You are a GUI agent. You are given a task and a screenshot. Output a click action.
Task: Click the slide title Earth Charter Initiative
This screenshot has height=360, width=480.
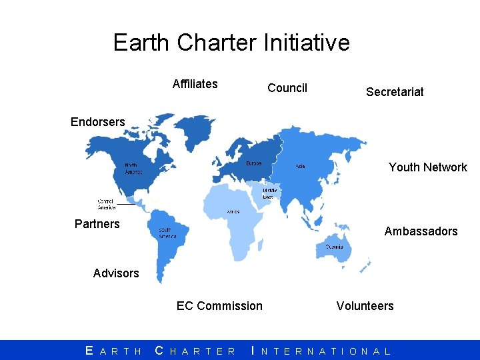pyautogui.click(x=231, y=43)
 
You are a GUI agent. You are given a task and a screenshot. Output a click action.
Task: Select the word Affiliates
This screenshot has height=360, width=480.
pyautogui.click(x=195, y=84)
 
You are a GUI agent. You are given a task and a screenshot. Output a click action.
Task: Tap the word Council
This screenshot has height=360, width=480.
pyautogui.click(x=287, y=88)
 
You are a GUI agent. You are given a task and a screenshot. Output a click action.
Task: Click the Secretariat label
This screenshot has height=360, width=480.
pyautogui.click(x=395, y=92)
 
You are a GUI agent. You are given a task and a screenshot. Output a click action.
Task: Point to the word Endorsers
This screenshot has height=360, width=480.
pyautogui.click(x=98, y=122)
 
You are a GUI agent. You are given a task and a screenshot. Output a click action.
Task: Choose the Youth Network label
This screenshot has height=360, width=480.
pyautogui.click(x=428, y=167)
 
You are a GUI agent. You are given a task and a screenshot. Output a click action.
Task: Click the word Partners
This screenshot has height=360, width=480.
pyautogui.click(x=97, y=224)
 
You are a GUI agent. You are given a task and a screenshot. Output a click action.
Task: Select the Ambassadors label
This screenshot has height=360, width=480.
pyautogui.click(x=421, y=231)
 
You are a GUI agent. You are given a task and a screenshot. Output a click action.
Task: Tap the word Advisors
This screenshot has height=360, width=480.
pyautogui.click(x=116, y=273)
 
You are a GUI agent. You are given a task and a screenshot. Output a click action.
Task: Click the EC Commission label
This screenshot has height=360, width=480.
pyautogui.click(x=219, y=306)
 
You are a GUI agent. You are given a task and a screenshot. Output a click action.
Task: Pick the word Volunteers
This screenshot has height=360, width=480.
pyautogui.click(x=365, y=306)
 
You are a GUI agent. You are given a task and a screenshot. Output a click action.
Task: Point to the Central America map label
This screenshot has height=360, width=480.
pyautogui.click(x=107, y=204)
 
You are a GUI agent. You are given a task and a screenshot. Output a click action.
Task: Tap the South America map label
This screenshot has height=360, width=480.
pyautogui.click(x=167, y=233)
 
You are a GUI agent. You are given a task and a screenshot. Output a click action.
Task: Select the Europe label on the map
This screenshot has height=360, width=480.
pyautogui.click(x=253, y=163)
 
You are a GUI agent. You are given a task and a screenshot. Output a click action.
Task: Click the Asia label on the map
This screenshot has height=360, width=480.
pyautogui.click(x=301, y=167)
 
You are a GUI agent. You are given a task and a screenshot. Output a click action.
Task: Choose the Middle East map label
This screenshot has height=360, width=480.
pyautogui.click(x=269, y=193)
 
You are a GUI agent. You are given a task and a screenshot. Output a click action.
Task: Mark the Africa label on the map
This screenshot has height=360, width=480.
pyautogui.click(x=233, y=211)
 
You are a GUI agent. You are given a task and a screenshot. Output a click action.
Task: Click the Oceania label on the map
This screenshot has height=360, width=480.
pyautogui.click(x=335, y=247)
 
